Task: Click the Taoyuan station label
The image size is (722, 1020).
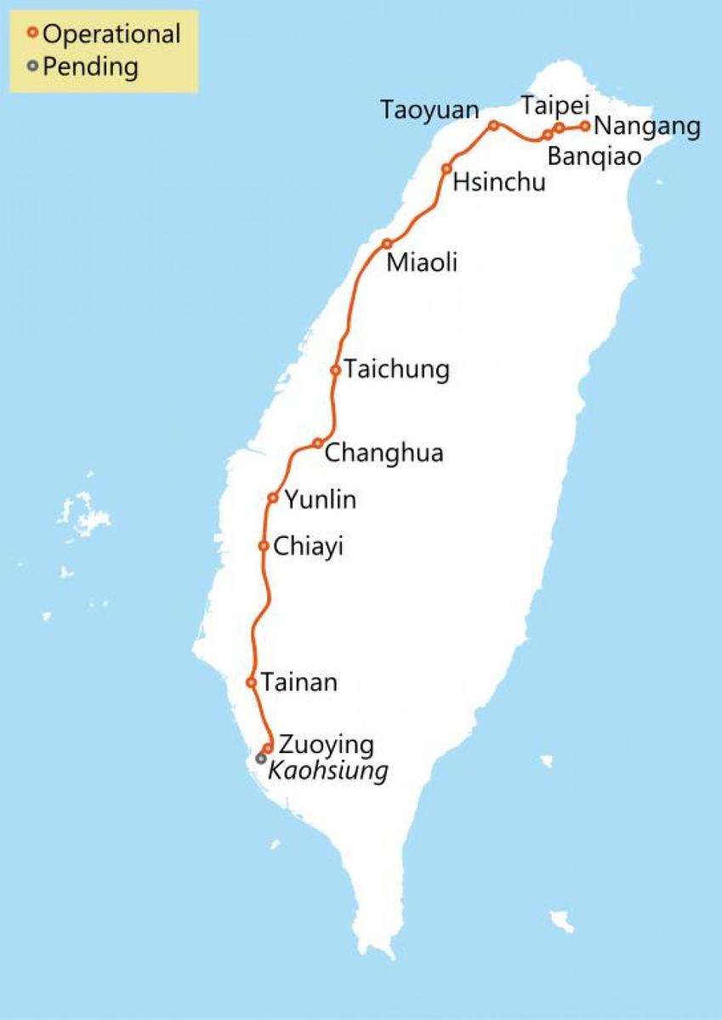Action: pyautogui.click(x=429, y=110)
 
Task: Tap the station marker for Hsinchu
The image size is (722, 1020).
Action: pyautogui.click(x=446, y=168)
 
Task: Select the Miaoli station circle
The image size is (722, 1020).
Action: pyautogui.click(x=387, y=244)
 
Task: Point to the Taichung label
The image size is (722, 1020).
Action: pyautogui.click(x=395, y=371)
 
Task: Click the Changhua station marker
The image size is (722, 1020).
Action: pyautogui.click(x=317, y=443)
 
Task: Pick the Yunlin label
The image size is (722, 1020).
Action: pyautogui.click(x=320, y=501)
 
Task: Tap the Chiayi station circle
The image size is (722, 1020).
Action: pyautogui.click(x=264, y=546)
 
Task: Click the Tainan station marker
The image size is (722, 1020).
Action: pyautogui.click(x=251, y=683)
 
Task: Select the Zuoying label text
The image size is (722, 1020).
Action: pyautogui.click(x=326, y=745)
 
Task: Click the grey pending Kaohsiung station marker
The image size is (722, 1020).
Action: pyautogui.click(x=261, y=757)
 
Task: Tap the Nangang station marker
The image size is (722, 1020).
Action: pyautogui.click(x=585, y=127)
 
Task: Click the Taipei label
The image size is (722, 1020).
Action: pyautogui.click(x=554, y=106)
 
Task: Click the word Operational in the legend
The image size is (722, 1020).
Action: pyautogui.click(x=111, y=35)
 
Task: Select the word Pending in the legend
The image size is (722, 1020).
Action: pyautogui.click(x=90, y=66)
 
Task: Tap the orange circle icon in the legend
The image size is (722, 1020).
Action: pyautogui.click(x=32, y=34)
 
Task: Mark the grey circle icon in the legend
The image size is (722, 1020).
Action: pyautogui.click(x=32, y=65)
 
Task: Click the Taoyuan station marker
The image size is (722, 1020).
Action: pyautogui.click(x=492, y=126)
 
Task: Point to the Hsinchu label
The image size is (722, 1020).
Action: pyautogui.click(x=498, y=182)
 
